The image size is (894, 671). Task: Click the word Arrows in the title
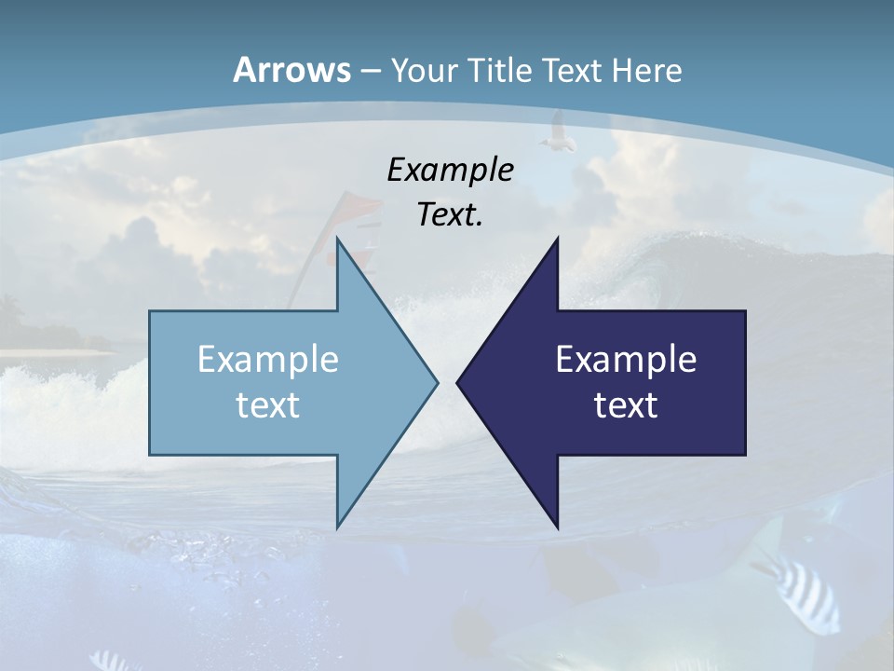[291, 70]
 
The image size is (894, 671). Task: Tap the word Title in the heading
[506, 71]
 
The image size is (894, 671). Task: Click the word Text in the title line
[574, 71]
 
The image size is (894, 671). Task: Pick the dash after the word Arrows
[370, 72]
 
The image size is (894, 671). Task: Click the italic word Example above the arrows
[450, 171]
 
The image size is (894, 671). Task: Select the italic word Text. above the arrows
[450, 215]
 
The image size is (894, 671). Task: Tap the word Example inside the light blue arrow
[268, 360]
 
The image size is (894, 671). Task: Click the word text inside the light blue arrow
[268, 405]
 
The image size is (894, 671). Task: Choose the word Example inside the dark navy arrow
[626, 360]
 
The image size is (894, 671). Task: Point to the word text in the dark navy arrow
[626, 405]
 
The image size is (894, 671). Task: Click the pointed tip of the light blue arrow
[436, 382]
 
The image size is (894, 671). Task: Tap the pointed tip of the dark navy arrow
[458, 382]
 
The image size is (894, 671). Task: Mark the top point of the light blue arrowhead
[337, 240]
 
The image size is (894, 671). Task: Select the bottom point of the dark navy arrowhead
[557, 527]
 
